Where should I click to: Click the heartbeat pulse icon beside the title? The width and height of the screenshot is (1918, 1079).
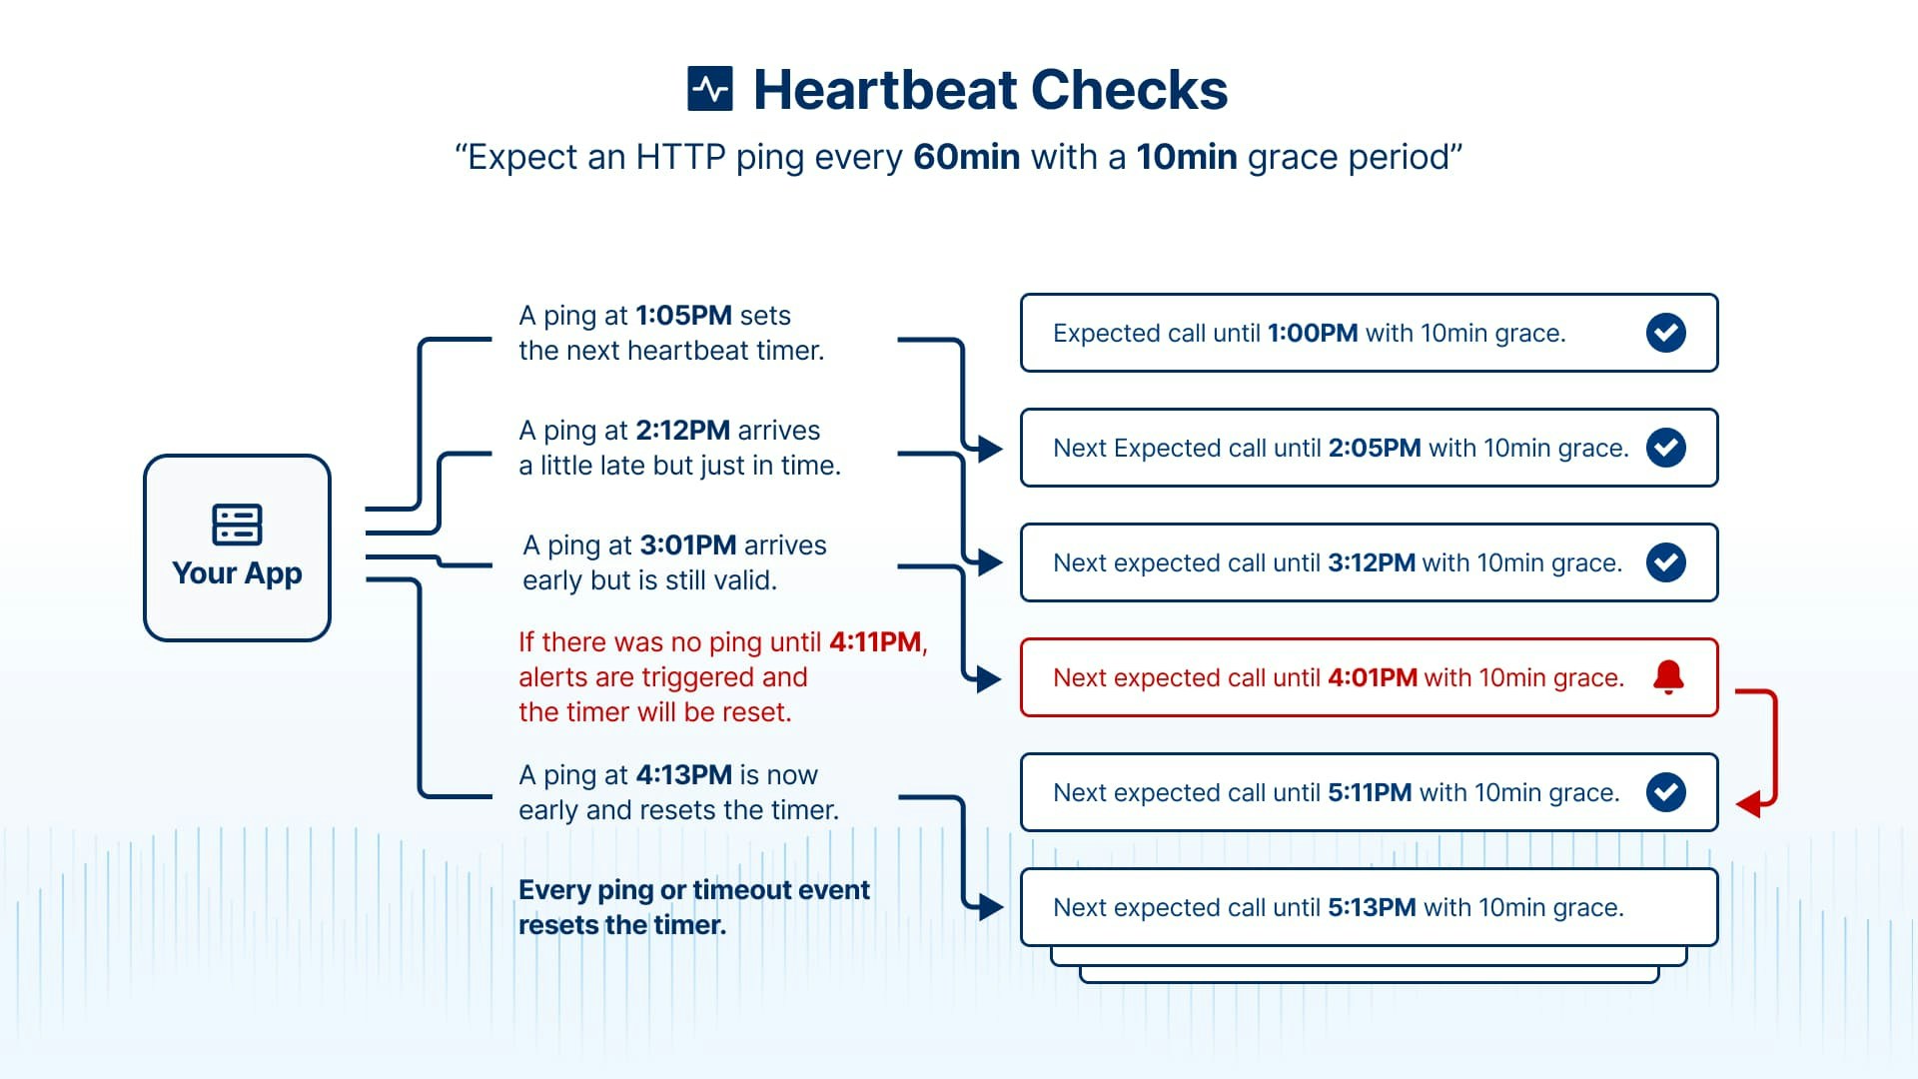710,90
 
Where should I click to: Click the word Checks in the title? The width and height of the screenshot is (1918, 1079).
1129,90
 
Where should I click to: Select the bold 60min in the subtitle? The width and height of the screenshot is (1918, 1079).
966,158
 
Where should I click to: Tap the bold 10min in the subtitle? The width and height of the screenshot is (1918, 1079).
1186,158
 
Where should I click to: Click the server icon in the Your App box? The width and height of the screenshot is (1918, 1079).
237,525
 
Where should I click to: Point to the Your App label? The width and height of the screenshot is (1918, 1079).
237,573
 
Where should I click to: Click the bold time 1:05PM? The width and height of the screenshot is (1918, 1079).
683,316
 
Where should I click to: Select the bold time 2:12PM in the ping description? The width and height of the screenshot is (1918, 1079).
682,431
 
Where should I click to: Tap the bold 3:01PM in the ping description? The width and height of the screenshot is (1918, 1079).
687,545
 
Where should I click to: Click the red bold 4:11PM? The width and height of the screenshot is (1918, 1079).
874,642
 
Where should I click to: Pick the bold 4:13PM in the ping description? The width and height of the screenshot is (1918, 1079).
683,775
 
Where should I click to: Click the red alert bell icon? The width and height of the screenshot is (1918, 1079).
1667,677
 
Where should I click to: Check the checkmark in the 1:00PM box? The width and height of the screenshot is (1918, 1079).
1665,333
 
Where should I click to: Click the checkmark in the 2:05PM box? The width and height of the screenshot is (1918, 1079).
1665,448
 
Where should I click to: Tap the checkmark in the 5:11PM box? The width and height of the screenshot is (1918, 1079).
1665,792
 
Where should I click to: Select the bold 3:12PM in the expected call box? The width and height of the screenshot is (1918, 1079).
1371,563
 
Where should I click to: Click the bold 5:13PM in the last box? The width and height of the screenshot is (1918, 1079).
1371,908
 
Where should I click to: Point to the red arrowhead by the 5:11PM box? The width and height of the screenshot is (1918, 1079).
1748,803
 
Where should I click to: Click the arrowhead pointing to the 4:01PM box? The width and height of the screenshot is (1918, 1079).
989,679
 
